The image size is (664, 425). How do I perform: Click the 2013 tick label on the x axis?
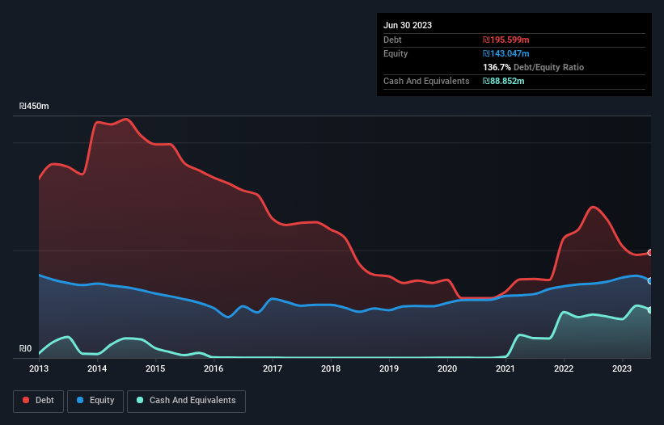click(x=39, y=369)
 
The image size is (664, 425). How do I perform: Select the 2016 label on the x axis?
click(x=214, y=369)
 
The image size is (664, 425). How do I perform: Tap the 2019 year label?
click(x=389, y=369)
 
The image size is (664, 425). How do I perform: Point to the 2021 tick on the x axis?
click(x=505, y=369)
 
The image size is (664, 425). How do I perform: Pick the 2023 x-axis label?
click(x=622, y=369)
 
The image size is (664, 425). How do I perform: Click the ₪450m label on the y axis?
click(x=34, y=107)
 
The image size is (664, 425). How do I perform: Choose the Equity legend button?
click(x=95, y=401)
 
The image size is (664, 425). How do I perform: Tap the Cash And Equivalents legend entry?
click(x=186, y=401)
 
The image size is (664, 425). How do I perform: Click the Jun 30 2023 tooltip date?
click(x=408, y=25)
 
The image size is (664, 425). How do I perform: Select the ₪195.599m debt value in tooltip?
click(x=505, y=40)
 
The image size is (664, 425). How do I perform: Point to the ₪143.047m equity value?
click(x=505, y=53)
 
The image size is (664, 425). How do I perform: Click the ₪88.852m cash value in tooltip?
click(x=504, y=82)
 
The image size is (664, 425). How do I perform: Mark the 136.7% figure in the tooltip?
click(x=497, y=68)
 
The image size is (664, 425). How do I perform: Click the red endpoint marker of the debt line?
click(x=649, y=253)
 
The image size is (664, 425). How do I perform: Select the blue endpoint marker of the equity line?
click(x=649, y=281)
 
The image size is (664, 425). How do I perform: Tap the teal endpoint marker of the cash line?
click(x=649, y=310)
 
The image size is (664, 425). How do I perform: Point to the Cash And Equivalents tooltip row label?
click(x=426, y=82)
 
